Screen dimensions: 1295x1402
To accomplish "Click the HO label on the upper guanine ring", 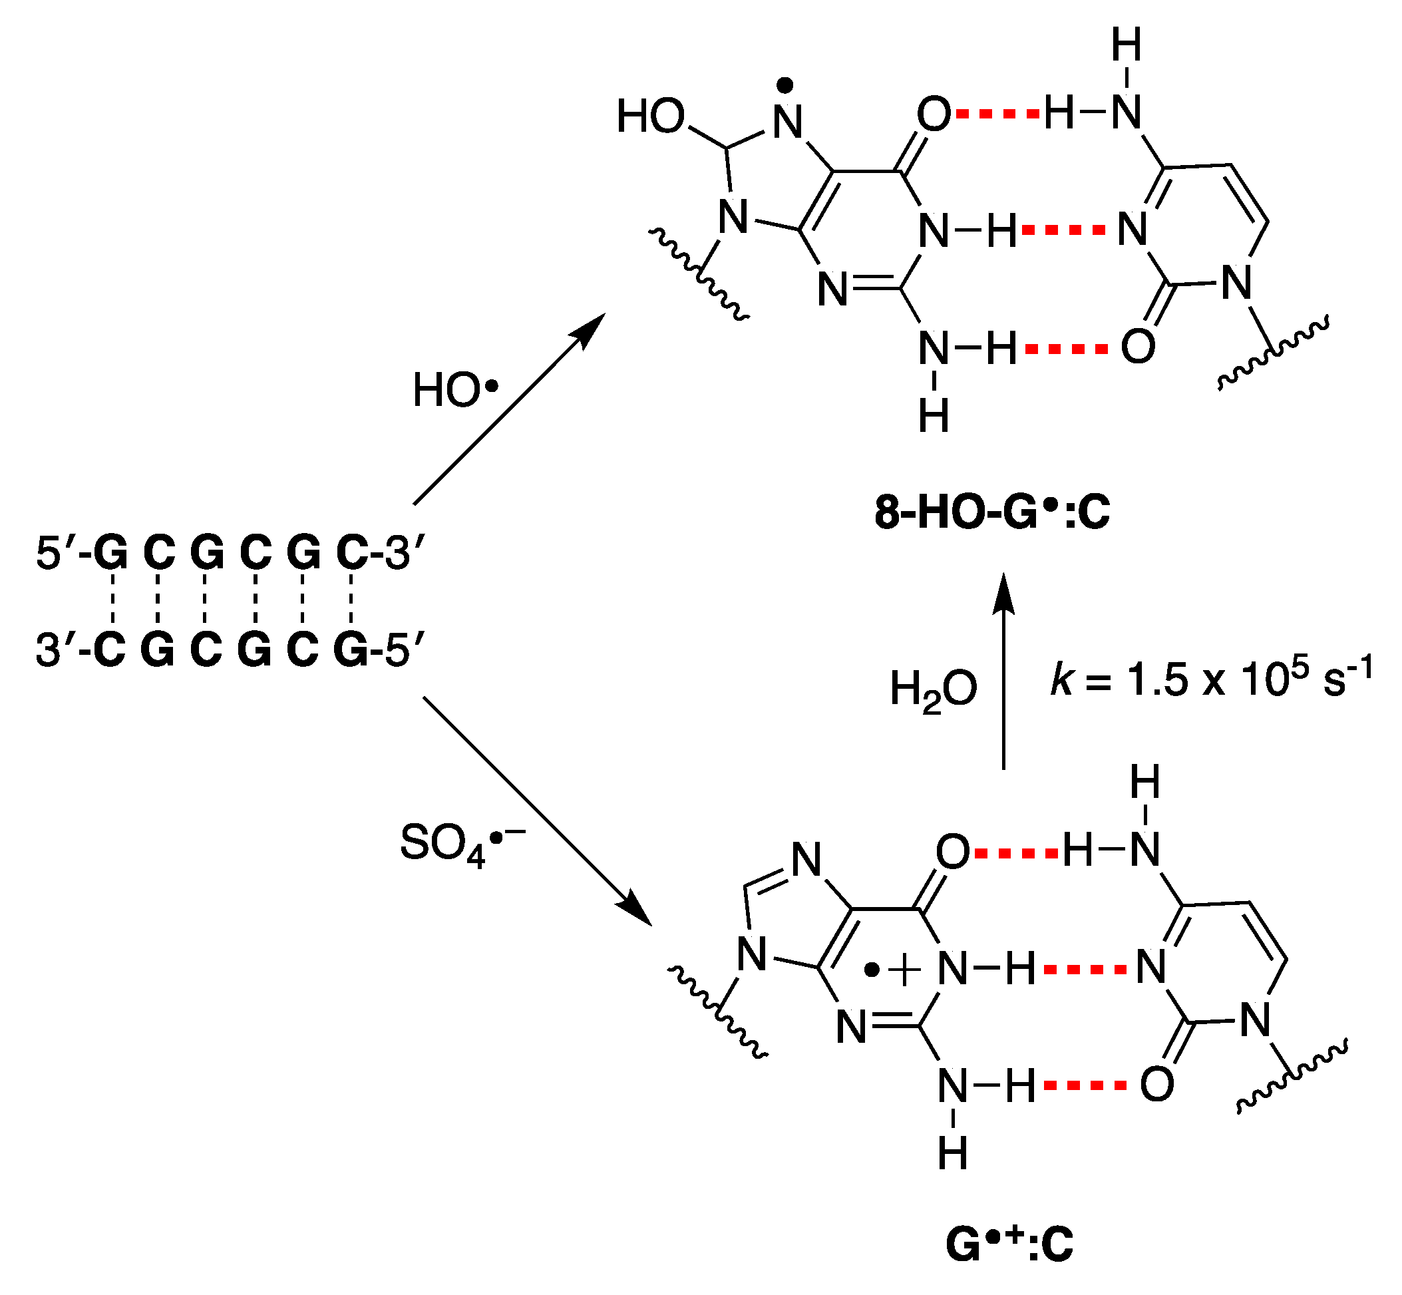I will (649, 116).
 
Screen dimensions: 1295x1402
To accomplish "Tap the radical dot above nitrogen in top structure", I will (785, 85).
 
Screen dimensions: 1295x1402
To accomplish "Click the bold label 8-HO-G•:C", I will (991, 512).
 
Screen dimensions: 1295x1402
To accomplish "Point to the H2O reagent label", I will (933, 689).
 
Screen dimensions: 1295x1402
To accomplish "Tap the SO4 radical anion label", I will (462, 844).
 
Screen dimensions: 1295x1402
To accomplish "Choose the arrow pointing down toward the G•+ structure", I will (537, 811).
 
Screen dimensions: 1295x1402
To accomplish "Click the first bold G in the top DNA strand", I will (110, 553).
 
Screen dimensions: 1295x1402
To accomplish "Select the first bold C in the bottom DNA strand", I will (109, 649).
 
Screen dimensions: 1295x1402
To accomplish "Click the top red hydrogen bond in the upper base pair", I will (997, 113).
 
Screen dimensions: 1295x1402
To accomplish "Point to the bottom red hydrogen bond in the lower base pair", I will (1085, 1085).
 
